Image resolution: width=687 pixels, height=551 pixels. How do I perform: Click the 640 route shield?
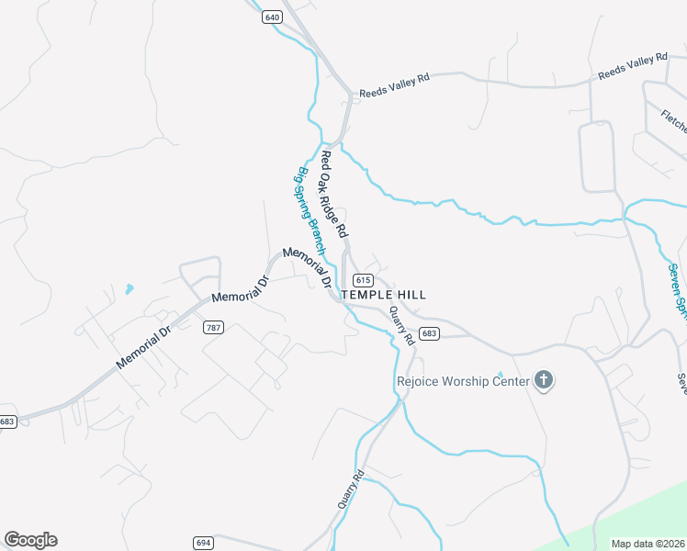[x=272, y=17]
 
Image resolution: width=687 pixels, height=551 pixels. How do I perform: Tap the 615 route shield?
[x=363, y=280]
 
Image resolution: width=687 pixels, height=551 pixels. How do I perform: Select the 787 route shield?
[x=214, y=327]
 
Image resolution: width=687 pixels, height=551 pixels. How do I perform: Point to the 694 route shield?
[x=204, y=543]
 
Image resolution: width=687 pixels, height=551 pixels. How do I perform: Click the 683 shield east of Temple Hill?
[x=429, y=333]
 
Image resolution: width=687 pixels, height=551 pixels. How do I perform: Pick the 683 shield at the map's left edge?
[x=7, y=422]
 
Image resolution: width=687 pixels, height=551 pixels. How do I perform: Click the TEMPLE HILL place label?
[x=383, y=295]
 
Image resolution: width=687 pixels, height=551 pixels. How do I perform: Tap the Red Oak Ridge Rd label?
[x=332, y=192]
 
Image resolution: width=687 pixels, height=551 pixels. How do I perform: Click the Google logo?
[x=30, y=540]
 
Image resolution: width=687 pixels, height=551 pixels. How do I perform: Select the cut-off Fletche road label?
[x=673, y=122]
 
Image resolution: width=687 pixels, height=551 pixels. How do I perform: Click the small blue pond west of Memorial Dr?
[x=129, y=289]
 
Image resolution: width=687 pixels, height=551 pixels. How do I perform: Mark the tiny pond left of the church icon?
[x=500, y=374]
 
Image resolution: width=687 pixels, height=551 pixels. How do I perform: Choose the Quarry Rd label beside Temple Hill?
[x=400, y=323]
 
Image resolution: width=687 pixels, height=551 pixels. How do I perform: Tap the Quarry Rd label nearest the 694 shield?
[x=351, y=489]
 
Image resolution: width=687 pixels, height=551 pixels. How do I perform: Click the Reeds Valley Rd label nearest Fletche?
[x=632, y=65]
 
